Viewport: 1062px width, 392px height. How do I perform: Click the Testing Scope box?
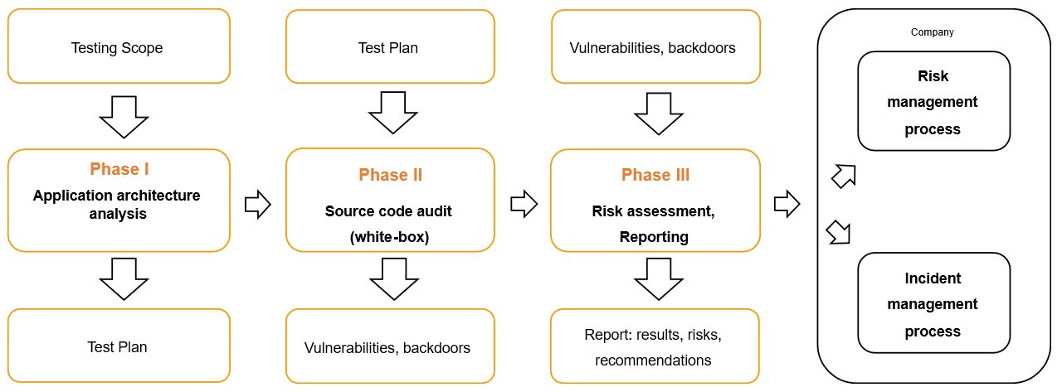tap(118, 47)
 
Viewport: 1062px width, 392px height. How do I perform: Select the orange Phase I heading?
tap(119, 169)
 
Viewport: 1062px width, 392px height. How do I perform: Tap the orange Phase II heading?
tap(390, 175)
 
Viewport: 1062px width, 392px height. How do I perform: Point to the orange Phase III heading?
tap(655, 175)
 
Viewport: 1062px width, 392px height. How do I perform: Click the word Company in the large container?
tap(932, 32)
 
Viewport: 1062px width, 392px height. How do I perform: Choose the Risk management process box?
tap(933, 102)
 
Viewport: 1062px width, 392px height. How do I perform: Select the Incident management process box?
tap(933, 304)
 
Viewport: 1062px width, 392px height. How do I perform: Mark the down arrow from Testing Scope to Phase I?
tap(124, 116)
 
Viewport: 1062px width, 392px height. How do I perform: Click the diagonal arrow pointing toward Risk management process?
tap(842, 176)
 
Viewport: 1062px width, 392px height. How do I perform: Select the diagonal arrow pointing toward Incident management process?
tap(840, 232)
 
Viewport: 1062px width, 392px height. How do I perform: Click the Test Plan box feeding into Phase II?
tap(389, 47)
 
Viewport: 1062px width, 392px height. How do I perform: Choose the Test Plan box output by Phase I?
tap(118, 346)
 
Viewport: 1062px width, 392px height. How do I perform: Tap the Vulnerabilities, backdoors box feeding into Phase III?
tap(655, 47)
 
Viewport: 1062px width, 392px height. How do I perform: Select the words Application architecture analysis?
tap(117, 205)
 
